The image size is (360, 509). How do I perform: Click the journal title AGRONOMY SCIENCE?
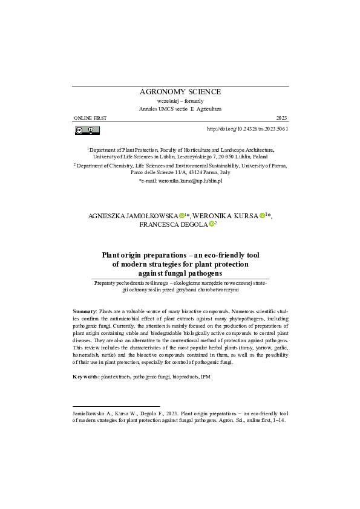(180, 92)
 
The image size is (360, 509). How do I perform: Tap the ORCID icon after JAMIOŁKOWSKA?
(182, 216)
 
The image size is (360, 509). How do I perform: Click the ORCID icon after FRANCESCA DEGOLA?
(211, 224)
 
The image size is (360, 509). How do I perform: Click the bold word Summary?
(84, 310)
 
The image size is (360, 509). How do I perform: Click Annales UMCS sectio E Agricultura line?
(180, 109)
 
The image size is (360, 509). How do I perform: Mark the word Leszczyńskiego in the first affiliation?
(199, 155)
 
